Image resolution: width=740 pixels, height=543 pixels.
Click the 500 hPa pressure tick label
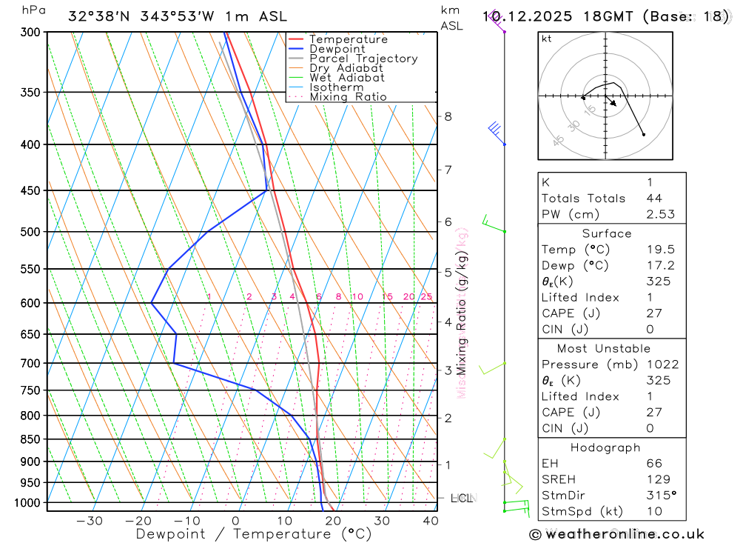[31, 232]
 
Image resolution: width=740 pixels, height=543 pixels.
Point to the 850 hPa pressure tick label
[31, 439]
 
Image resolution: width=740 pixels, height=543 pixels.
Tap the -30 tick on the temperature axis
[90, 521]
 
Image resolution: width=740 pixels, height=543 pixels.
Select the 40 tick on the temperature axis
[430, 521]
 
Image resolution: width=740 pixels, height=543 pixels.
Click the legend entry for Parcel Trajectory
[363, 59]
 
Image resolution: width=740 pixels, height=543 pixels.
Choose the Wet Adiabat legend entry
[347, 78]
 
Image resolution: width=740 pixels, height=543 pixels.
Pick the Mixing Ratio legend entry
[348, 97]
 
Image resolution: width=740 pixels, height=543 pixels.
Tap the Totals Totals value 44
[653, 198]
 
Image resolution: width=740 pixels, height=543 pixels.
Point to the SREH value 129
[657, 479]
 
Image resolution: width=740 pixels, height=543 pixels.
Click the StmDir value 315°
[660, 495]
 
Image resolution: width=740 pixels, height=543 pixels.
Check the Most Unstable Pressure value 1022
[661, 364]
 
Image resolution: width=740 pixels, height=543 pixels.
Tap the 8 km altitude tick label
[448, 116]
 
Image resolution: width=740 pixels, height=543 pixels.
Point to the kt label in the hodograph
[547, 39]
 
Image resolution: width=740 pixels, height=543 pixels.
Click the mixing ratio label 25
[426, 297]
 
